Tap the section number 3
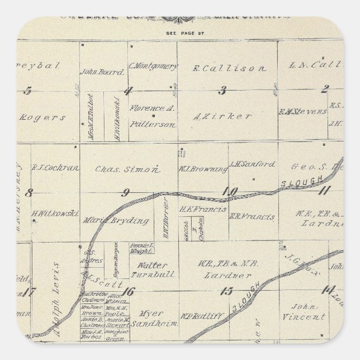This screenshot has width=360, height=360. coord(222,90)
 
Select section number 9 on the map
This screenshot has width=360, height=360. coord(127,193)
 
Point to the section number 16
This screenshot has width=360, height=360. coord(130,290)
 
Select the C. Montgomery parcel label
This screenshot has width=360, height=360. coord(153,66)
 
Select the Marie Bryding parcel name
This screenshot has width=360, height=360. coord(117,221)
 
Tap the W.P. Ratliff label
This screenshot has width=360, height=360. coord(202,316)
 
